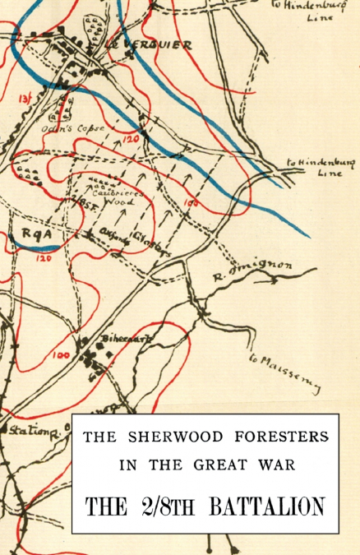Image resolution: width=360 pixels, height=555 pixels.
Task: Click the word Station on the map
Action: (x=27, y=430)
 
